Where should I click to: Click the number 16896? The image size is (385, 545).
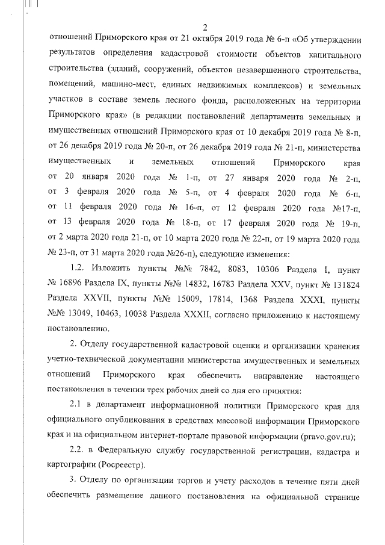[x=73, y=283]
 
